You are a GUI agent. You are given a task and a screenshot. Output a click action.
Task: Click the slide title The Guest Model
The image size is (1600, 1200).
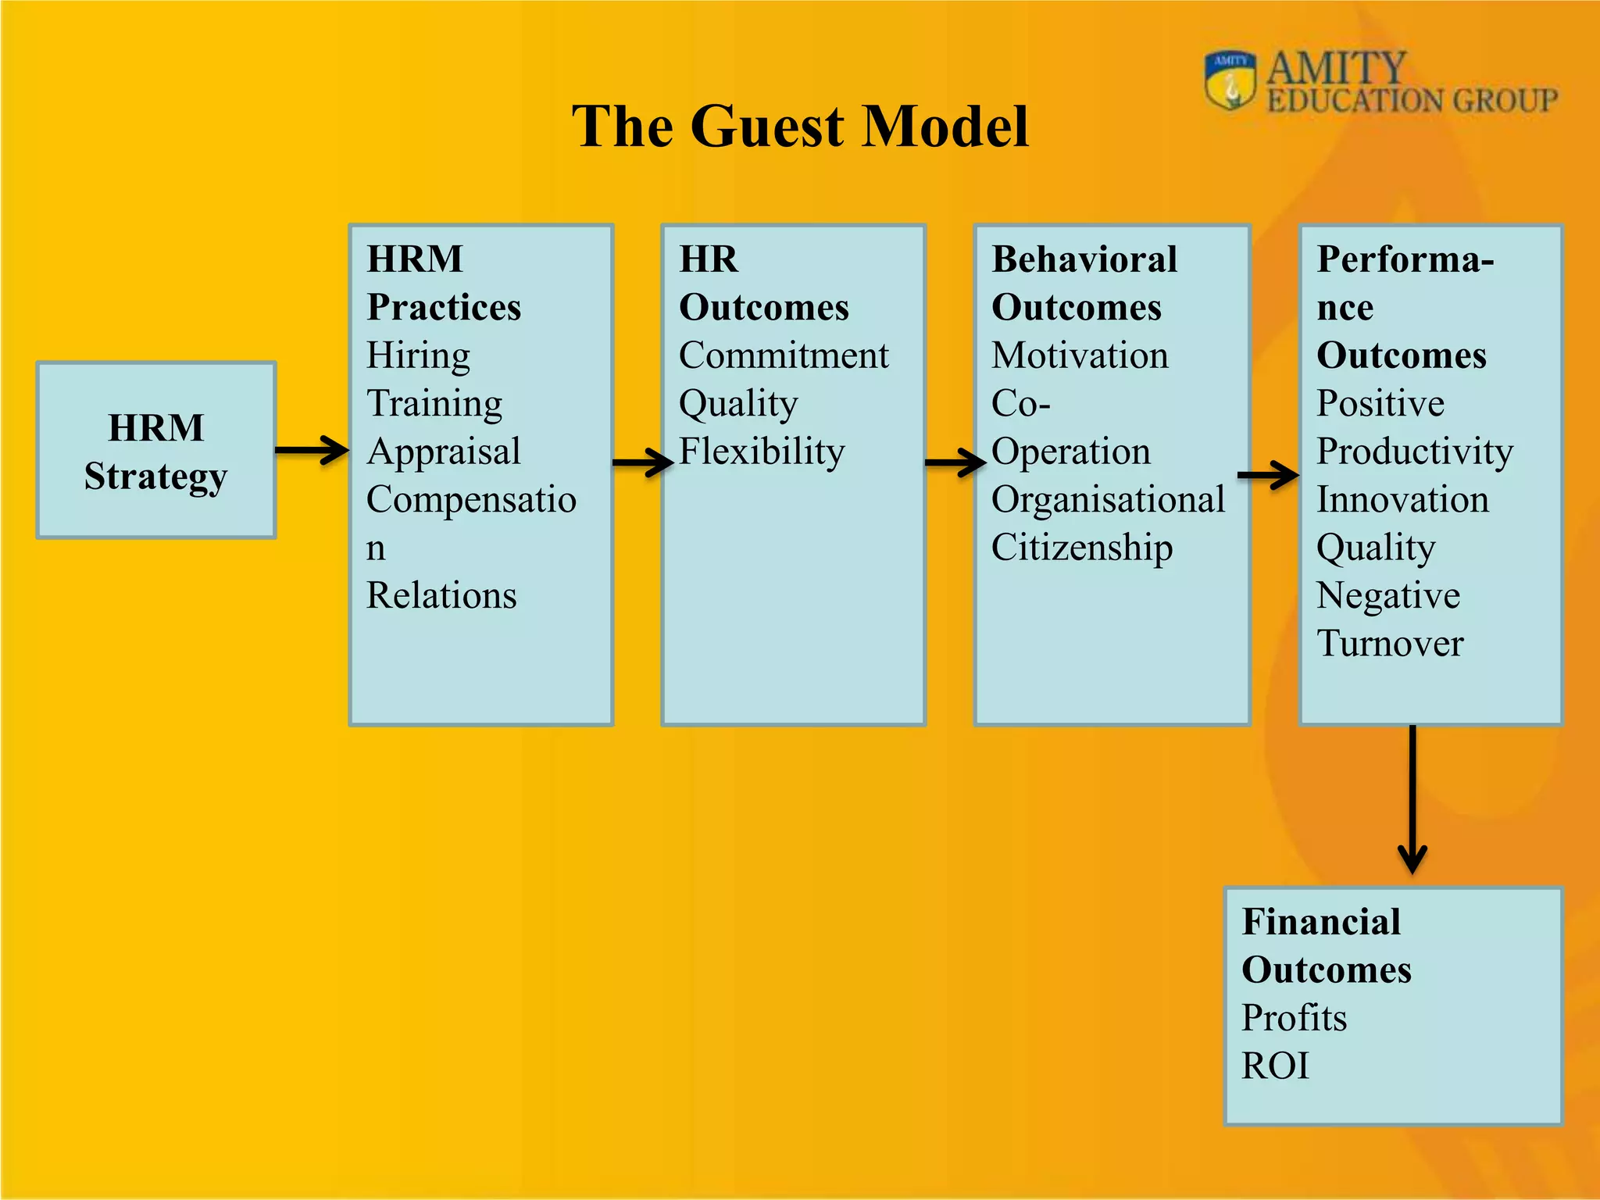[800, 127]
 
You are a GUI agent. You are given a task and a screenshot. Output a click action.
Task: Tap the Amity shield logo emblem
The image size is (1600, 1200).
[1230, 80]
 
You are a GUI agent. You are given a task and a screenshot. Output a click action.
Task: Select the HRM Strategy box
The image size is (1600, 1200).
[156, 451]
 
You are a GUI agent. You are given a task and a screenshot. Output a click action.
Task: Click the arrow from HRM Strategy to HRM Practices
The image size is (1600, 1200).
[312, 450]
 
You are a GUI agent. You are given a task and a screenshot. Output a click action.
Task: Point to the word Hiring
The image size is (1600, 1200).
[419, 356]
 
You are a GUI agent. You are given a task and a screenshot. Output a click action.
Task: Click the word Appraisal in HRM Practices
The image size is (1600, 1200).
[444, 452]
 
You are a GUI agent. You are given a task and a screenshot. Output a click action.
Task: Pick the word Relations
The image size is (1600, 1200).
[441, 595]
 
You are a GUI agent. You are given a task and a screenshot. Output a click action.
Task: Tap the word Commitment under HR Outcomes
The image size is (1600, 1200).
[784, 356]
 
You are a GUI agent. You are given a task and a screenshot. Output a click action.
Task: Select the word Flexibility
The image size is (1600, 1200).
[762, 452]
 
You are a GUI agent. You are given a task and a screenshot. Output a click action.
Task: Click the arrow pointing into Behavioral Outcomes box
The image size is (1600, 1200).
[954, 462]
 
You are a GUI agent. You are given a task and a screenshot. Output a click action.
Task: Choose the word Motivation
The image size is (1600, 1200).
[1080, 356]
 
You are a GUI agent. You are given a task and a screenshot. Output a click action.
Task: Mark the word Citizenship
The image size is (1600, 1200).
[1082, 548]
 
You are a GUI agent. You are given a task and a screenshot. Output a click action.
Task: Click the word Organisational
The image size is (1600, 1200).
[1108, 500]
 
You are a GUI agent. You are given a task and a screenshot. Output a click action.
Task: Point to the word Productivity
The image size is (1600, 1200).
[1415, 452]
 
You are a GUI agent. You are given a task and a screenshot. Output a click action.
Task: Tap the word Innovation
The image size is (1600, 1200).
[1402, 500]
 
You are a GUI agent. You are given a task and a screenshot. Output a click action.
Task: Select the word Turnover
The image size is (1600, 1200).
[1390, 644]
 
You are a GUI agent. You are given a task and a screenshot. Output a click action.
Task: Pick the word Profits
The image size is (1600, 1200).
[1295, 1018]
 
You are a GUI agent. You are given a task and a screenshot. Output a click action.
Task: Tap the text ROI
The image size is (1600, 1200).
[1275, 1066]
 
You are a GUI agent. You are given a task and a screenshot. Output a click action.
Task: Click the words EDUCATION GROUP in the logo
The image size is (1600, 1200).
[1412, 101]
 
